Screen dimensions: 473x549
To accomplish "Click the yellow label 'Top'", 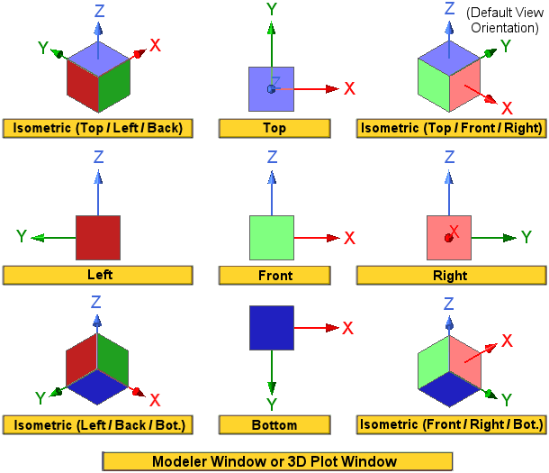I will click(x=274, y=128).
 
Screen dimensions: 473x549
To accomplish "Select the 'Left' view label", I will click(x=98, y=275).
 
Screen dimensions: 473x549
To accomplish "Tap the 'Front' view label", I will click(x=274, y=275).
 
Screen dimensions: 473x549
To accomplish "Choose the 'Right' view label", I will click(x=450, y=275).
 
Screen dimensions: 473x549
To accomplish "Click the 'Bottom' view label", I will click(x=274, y=423).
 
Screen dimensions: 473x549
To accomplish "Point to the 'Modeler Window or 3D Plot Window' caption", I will click(x=274, y=461).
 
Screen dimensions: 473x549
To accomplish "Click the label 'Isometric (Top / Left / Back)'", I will click(x=98, y=128).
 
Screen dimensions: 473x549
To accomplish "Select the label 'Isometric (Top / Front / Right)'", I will click(x=451, y=128).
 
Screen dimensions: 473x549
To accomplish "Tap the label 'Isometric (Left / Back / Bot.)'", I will click(x=98, y=423).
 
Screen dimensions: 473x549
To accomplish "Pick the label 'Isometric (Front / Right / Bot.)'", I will click(x=451, y=423).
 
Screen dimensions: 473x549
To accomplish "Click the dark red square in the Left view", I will click(x=98, y=238).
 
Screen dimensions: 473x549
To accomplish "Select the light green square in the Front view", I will click(x=272, y=238).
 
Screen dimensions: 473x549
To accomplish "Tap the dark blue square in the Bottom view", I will click(x=272, y=327).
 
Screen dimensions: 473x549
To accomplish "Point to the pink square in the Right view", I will click(x=449, y=238).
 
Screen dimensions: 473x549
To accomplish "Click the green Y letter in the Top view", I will click(x=271, y=10).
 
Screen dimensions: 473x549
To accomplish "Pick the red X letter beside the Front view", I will click(x=350, y=238).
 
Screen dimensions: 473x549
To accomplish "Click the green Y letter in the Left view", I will click(x=22, y=237).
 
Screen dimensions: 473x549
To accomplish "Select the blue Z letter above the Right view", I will click(x=449, y=158).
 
